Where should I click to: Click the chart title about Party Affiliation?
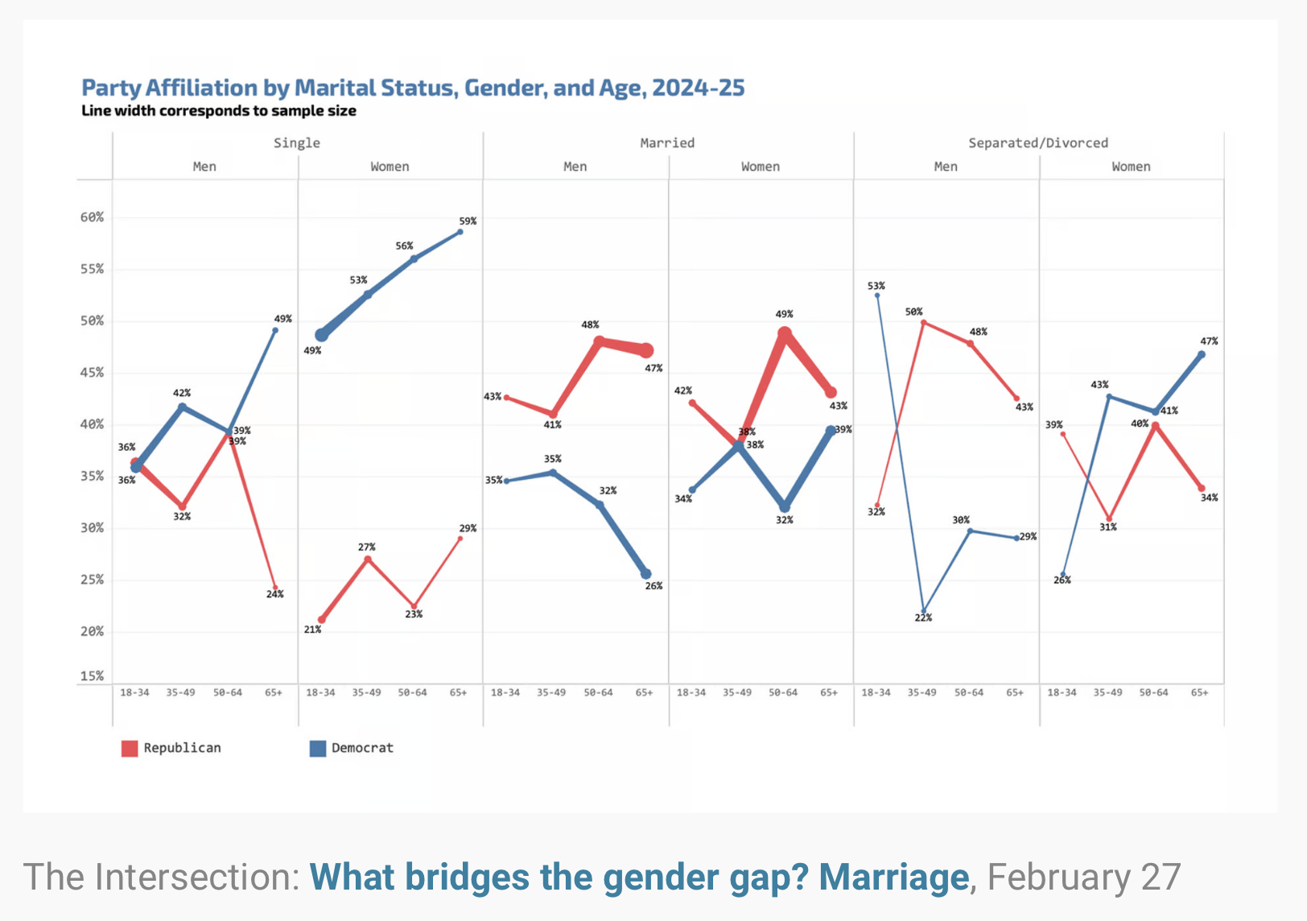413,88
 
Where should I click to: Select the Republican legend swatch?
130,749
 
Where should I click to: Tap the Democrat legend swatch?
318,749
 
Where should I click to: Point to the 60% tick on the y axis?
92,217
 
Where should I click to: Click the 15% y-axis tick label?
92,676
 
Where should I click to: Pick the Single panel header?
296,143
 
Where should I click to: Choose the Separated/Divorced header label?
1037,143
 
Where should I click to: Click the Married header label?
667,143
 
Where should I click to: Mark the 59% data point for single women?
460,232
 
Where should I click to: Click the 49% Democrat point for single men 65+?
275,330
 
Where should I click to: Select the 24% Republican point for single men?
275,588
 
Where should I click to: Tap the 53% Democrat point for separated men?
877,295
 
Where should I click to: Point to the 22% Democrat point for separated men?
924,612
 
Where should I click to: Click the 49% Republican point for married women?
785,333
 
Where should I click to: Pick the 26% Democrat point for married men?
646,574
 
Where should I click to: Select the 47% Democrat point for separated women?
1202,354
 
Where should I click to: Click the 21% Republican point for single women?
322,620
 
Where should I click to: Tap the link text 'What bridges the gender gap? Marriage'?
639,878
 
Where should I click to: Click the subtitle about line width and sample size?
219,111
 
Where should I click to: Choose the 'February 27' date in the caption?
1083,878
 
